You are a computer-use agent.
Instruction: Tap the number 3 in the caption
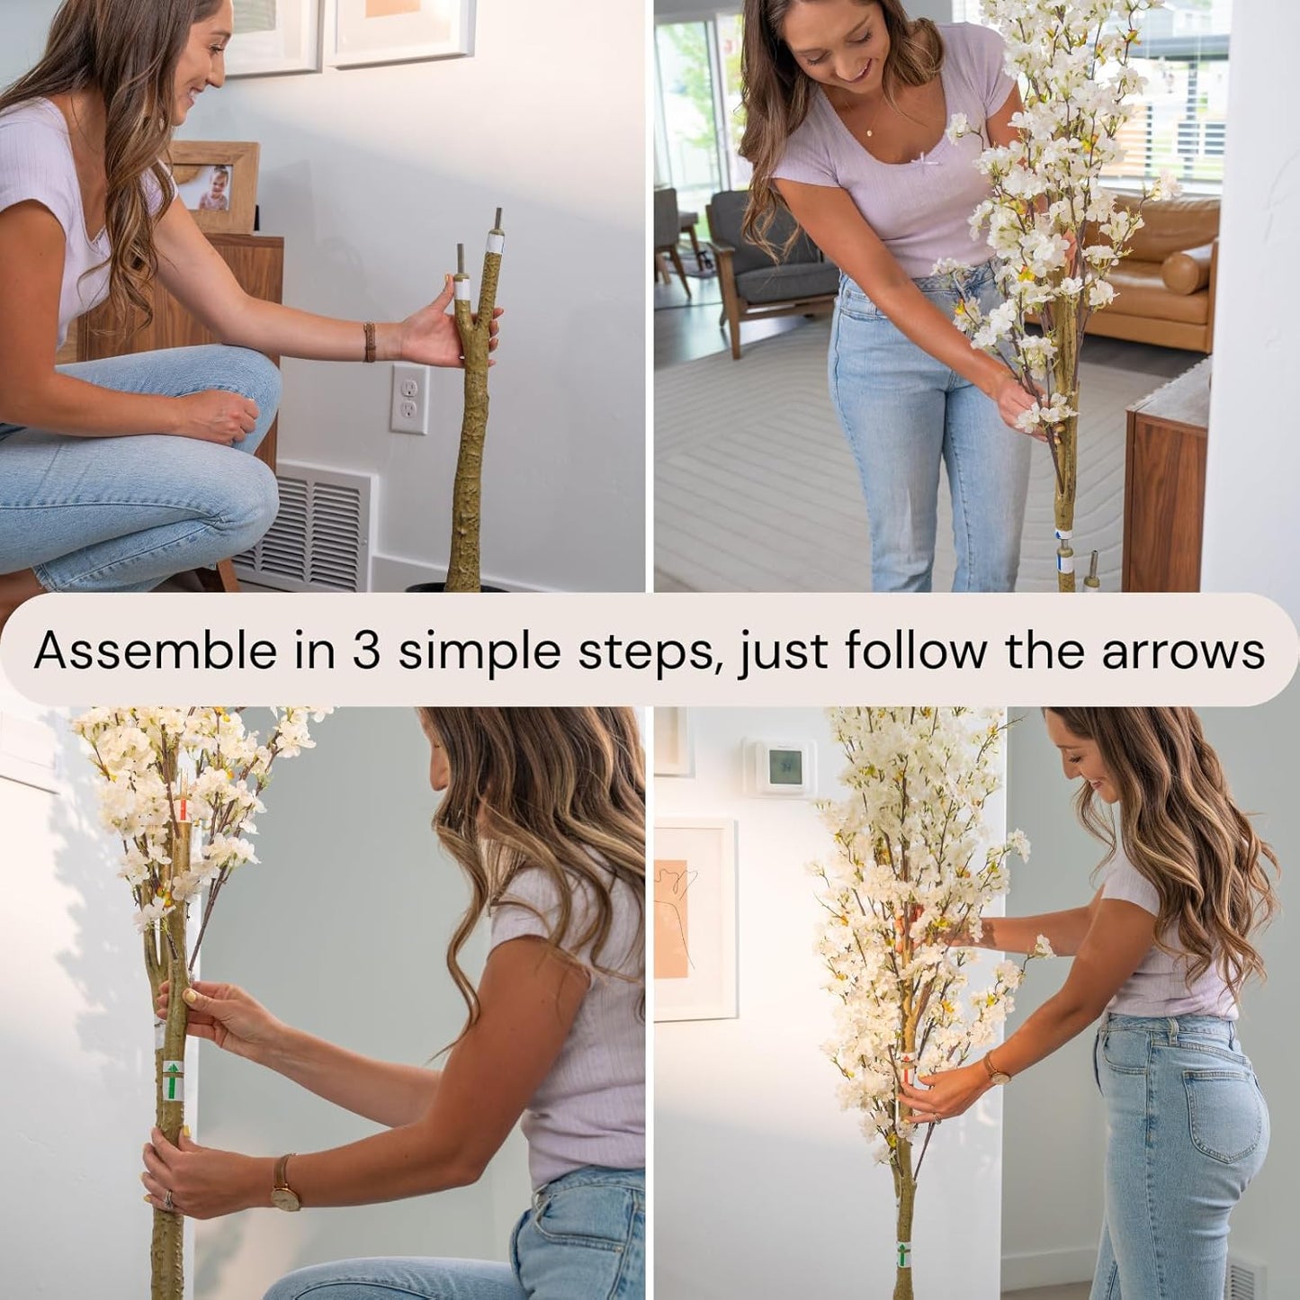pos(365,650)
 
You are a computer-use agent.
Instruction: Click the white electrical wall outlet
pos(409,399)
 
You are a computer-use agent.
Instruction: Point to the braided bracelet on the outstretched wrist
pos(369,342)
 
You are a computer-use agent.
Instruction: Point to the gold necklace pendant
pos(869,132)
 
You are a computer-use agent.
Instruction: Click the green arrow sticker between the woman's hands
pos(171,1080)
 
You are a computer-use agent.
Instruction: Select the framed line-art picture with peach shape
pos(695,918)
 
